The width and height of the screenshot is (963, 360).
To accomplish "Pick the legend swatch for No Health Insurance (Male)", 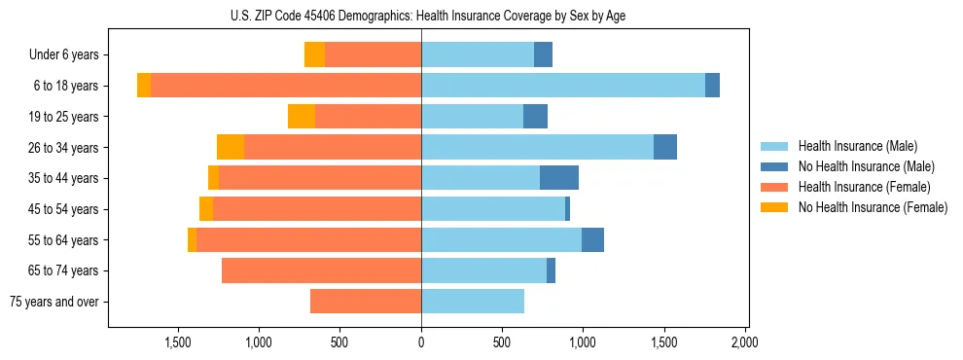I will click(x=775, y=166).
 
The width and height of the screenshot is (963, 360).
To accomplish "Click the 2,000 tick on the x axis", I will click(x=744, y=342).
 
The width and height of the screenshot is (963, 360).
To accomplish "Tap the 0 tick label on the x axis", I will click(x=421, y=342).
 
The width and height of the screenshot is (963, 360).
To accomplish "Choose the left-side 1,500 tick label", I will click(x=178, y=342).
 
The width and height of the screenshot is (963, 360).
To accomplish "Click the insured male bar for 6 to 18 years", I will click(x=563, y=86).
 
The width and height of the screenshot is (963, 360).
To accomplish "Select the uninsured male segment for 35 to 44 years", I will click(x=559, y=178).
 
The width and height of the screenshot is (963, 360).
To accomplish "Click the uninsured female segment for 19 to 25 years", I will click(x=302, y=117).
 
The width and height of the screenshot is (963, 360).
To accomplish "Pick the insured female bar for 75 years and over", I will click(x=366, y=302).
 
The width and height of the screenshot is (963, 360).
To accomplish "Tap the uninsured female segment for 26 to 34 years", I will click(x=231, y=147).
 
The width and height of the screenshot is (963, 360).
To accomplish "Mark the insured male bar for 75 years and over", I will click(x=473, y=302).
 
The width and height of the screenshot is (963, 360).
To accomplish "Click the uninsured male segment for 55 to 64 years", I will click(x=592, y=239).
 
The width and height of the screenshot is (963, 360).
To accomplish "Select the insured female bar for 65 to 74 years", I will click(x=321, y=270).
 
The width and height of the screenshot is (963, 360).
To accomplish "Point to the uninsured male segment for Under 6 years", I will click(x=543, y=55).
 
